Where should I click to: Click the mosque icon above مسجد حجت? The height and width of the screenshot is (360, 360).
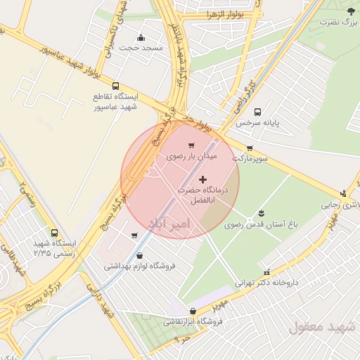tap(141, 38)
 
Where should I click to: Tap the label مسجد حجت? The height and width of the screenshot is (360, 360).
tap(141, 48)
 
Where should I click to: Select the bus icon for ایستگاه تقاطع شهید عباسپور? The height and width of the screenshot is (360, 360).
tap(116, 86)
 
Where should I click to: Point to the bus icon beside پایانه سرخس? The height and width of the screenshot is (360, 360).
tap(257, 112)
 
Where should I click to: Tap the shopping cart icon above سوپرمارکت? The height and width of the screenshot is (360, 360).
tap(250, 148)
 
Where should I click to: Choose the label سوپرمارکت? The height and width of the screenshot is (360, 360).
tap(252, 159)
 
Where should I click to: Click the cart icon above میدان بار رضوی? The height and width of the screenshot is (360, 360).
tap(191, 146)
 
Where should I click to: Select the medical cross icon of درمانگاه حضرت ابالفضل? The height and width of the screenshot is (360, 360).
tap(204, 180)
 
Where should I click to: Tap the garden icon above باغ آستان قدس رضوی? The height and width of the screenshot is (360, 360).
tap(262, 213)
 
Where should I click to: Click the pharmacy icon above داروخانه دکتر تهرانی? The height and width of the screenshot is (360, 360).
tap(266, 272)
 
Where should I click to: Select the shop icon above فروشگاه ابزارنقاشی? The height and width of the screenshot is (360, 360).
tap(193, 311)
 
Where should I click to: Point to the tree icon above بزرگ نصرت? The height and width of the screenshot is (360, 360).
tap(351, 11)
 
